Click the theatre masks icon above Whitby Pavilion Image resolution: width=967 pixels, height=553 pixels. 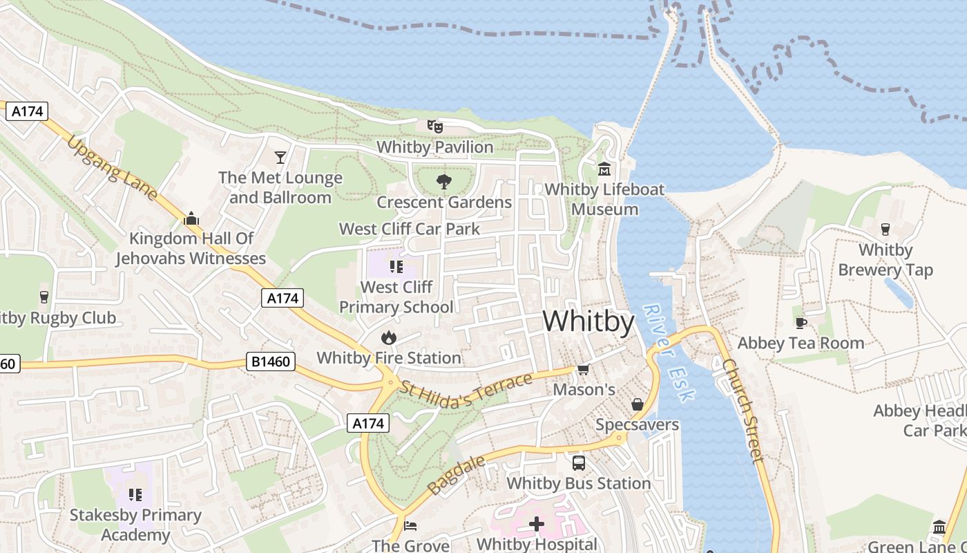click(434, 126)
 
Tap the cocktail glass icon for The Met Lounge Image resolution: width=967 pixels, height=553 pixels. click(280, 158)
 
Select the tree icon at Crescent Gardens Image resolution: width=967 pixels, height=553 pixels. click(443, 182)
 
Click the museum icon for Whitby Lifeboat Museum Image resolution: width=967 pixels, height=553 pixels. click(605, 169)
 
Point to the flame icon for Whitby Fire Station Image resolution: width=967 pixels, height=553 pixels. click(388, 337)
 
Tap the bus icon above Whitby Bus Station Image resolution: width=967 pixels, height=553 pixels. click(579, 462)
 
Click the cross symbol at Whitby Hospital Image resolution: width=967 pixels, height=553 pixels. click(537, 524)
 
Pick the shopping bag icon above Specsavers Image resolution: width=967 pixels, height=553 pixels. click(638, 404)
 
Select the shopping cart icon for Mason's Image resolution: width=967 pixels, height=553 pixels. click(583, 369)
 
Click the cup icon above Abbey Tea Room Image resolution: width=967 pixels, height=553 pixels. click(801, 322)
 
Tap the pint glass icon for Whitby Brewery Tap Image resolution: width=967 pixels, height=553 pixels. click(885, 229)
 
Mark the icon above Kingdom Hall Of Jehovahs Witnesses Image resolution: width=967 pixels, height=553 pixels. click(191, 218)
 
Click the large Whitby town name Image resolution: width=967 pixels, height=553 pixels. click(588, 322)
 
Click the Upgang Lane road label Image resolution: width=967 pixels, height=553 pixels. click(113, 168)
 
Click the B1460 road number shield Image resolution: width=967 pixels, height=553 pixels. click(271, 362)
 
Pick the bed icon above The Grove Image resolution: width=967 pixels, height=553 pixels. click(410, 525)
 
